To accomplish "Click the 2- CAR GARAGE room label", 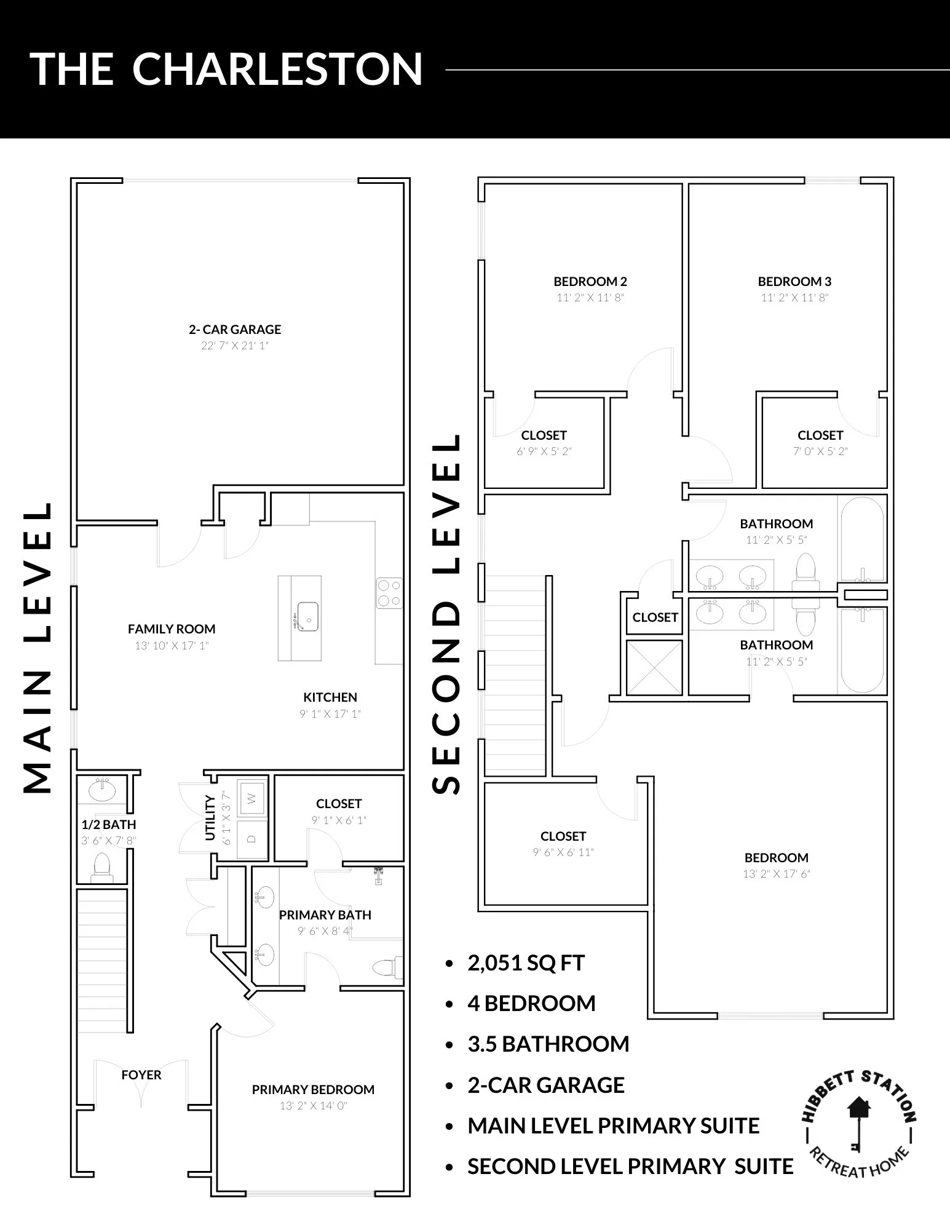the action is coord(235,330).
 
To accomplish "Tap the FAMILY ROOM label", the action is coord(172,629).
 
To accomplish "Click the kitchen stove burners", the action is coord(389,593).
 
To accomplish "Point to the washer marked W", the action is coord(251,799).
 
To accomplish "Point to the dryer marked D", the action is coord(251,838).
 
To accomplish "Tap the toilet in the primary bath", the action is coord(388,967).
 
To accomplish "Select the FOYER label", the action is coord(141,1075).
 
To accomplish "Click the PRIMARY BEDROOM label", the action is coord(313,1090).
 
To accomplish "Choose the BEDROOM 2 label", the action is coord(590,282).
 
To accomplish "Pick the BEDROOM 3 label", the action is coord(794,282).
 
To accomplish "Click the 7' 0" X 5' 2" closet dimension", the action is coord(820,451).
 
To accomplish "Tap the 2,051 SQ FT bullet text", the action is coord(526,963).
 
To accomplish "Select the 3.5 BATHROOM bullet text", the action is coord(548,1044).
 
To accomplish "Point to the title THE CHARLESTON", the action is coord(226,69).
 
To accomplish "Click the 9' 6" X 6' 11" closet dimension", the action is coord(563,852).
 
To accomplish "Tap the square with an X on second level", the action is coord(654,667).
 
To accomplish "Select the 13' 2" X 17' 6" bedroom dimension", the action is coord(777,874).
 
